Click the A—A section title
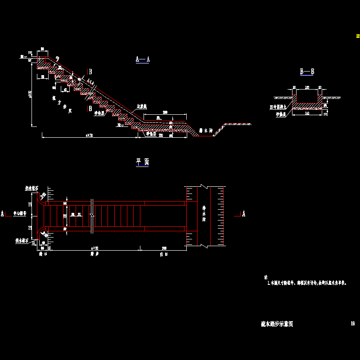coord(142,59)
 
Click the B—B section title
coord(307,72)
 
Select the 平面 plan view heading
coord(142,163)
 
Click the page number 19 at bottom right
coord(353,323)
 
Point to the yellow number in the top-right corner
coord(358,36)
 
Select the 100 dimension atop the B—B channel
coord(307,87)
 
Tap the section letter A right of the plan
coord(244,214)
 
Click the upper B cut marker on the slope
coord(90,72)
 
